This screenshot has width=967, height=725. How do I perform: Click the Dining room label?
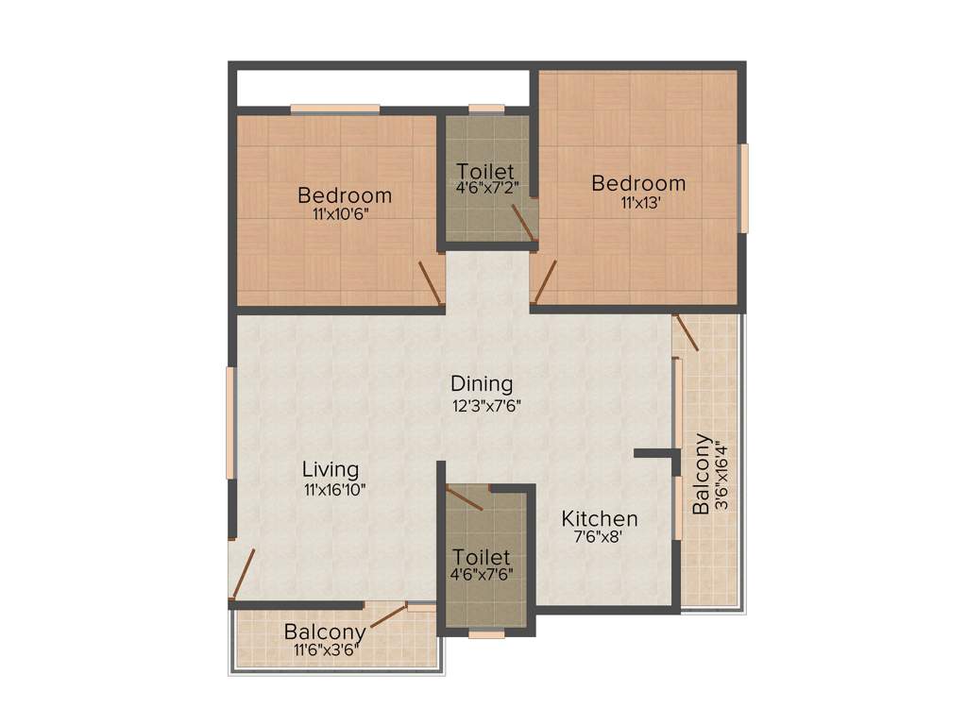point(482,384)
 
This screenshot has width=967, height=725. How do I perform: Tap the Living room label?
point(331,469)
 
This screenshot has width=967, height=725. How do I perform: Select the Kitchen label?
point(600,518)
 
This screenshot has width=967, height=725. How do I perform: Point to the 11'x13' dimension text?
point(638,202)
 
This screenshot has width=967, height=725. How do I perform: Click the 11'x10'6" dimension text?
point(341,214)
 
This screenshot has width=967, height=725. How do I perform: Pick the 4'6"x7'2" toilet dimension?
point(487,188)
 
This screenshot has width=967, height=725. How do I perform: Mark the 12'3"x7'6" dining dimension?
point(486,406)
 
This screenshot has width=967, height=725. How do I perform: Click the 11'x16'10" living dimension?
point(334,490)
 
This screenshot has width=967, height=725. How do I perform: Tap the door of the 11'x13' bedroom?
point(544,281)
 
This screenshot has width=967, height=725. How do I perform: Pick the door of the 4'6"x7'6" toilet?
point(465,498)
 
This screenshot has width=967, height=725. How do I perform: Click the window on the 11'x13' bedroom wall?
point(743,188)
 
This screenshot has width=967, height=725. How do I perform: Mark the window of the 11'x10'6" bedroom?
point(335,109)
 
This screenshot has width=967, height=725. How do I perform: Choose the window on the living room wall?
point(229,422)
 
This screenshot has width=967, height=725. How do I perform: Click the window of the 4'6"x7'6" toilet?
point(486,634)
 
